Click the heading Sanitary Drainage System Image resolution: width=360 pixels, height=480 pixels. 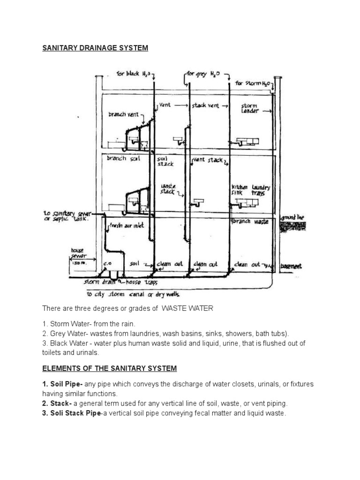pyautogui.click(x=95, y=48)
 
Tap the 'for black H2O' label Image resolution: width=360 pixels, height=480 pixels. pyautogui.click(x=133, y=74)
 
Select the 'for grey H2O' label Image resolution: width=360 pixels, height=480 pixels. pyautogui.click(x=205, y=74)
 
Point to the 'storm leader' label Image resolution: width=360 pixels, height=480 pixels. pyautogui.click(x=250, y=108)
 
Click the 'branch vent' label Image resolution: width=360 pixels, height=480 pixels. pyautogui.click(x=123, y=114)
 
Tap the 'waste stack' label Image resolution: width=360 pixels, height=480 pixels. pyautogui.click(x=167, y=188)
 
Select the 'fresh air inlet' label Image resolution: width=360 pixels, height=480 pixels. pyautogui.click(x=127, y=225)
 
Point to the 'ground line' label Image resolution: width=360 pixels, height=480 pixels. pyautogui.click(x=292, y=218)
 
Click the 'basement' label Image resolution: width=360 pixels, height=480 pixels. pyautogui.click(x=291, y=266)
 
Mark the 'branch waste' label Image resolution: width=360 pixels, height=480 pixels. pyautogui.click(x=251, y=222)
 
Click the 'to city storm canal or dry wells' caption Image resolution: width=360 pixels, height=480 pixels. pyautogui.click(x=133, y=295)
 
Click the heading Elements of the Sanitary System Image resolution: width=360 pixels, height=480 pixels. pyautogui.click(x=110, y=368)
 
